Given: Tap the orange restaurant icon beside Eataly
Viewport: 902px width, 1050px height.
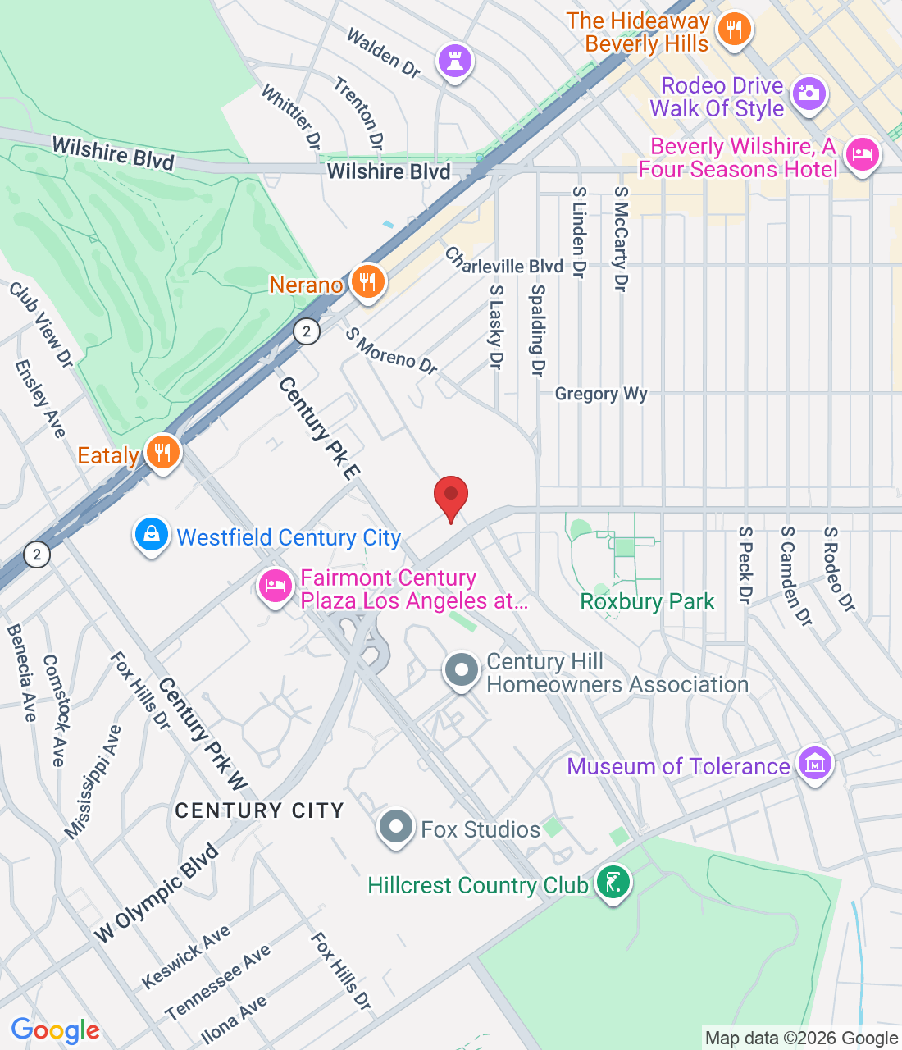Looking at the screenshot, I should [162, 453].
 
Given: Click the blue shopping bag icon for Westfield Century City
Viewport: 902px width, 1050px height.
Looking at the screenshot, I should [152, 536].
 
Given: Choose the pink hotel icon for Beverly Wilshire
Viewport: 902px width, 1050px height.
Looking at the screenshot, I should [862, 155].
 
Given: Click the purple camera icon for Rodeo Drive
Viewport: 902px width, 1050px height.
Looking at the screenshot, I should [809, 94].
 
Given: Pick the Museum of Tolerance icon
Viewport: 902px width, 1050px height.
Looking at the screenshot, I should [814, 765].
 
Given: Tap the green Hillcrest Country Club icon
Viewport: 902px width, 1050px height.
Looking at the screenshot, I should [613, 883].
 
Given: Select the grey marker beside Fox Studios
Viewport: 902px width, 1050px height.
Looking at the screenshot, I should [396, 828].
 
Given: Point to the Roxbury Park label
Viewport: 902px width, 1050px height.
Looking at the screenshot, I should [647, 602].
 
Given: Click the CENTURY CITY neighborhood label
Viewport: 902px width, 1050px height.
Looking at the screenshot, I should [259, 810].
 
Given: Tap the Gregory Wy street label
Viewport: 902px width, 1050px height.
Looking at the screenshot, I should [601, 395].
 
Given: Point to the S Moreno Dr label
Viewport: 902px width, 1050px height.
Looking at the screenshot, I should [391, 352].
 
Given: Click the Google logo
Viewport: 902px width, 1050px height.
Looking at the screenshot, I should [56, 1031].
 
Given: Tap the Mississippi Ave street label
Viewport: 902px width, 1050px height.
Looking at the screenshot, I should [93, 783].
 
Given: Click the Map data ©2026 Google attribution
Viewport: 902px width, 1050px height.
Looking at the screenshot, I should [801, 1039].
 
